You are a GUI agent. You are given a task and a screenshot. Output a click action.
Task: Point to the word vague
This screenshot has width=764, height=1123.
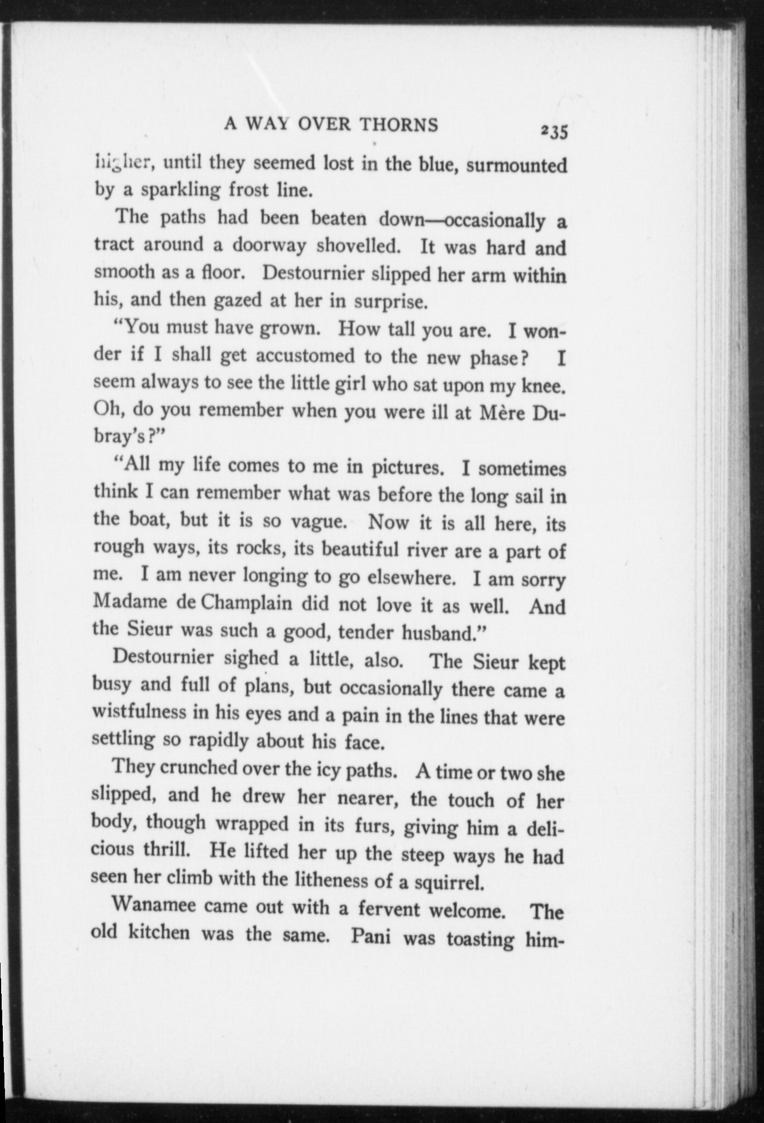point(318,522)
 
